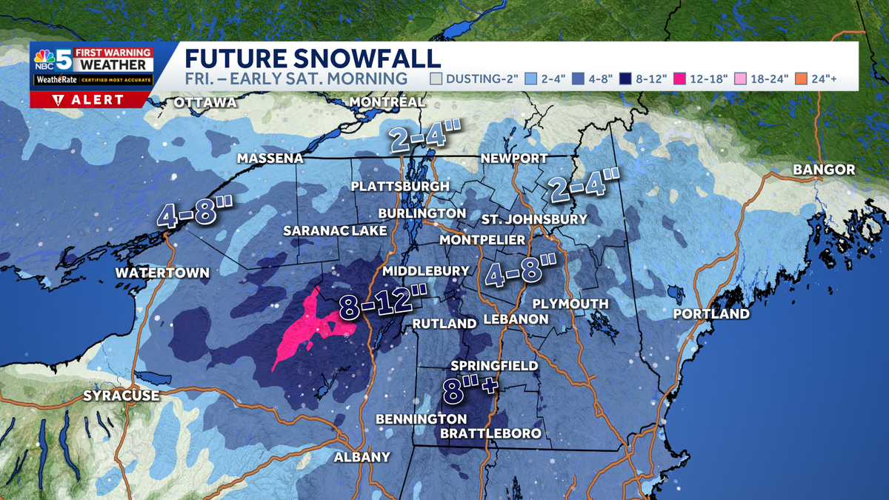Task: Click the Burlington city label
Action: point(422,213)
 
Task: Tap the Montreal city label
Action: point(387,101)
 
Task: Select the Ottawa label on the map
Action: point(205,102)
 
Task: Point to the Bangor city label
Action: point(824,170)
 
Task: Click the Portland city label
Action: point(711,314)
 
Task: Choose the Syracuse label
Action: point(121,396)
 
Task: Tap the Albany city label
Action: point(362,457)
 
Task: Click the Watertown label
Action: point(162,273)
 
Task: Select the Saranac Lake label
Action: point(335,231)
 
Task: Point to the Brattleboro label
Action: point(490,433)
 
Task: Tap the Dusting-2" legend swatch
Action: point(437,79)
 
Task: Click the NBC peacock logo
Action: point(44,59)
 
